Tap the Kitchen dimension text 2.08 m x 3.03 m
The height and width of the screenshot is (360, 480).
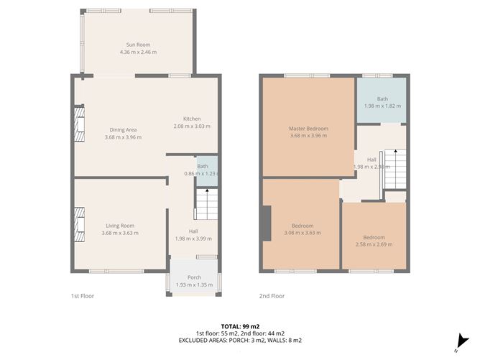pos(191,126)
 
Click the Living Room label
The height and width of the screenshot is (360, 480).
pos(120,225)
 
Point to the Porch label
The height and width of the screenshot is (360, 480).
pos(194,277)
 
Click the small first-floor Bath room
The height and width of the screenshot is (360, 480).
pos(206,170)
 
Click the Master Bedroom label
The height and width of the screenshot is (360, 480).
pos(308,129)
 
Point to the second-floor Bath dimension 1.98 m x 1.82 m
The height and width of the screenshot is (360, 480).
pos(382,106)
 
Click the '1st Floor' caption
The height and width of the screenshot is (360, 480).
pos(82,295)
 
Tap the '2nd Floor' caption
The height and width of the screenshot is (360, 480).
pos(272,295)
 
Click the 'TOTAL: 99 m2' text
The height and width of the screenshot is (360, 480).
pos(239,326)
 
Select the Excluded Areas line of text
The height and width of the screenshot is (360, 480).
pos(239,340)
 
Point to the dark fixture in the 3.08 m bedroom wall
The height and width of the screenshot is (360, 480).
pos(267,225)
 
